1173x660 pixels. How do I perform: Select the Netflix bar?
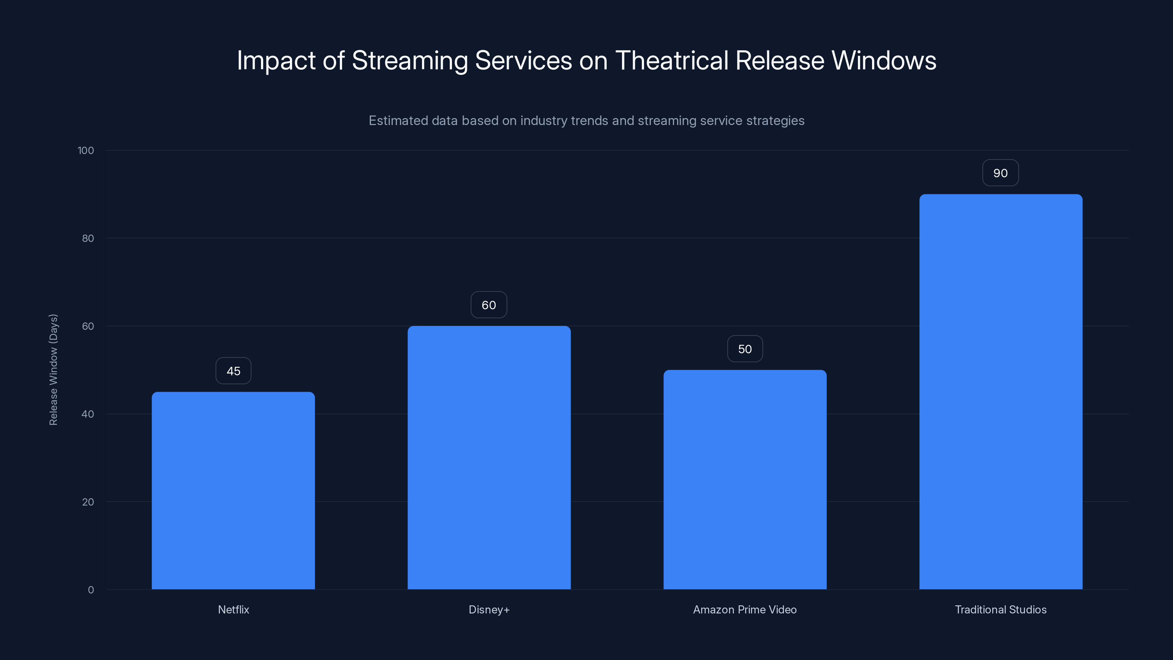pos(233,491)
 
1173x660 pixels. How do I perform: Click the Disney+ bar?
pos(489,458)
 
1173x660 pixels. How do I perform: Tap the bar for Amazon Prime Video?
pos(745,480)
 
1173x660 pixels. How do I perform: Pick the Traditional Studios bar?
pos(1000,392)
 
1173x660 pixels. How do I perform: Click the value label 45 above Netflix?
pos(233,371)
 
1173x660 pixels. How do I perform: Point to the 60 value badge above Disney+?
pos(489,305)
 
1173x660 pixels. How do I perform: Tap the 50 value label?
pos(744,349)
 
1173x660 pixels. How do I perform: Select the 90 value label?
pos(1000,173)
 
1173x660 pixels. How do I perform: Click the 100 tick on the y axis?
pos(86,151)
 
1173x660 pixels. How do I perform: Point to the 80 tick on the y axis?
pos(88,239)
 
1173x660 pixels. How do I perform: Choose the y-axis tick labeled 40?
pos(88,414)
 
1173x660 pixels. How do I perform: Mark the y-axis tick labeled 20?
pos(88,502)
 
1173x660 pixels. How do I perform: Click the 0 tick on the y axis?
pos(91,590)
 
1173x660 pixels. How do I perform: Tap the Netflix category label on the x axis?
pos(233,610)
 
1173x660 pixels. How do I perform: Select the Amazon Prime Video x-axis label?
pos(744,610)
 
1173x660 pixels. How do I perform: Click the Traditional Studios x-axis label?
pos(1000,610)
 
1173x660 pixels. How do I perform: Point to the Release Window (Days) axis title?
pos(53,369)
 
